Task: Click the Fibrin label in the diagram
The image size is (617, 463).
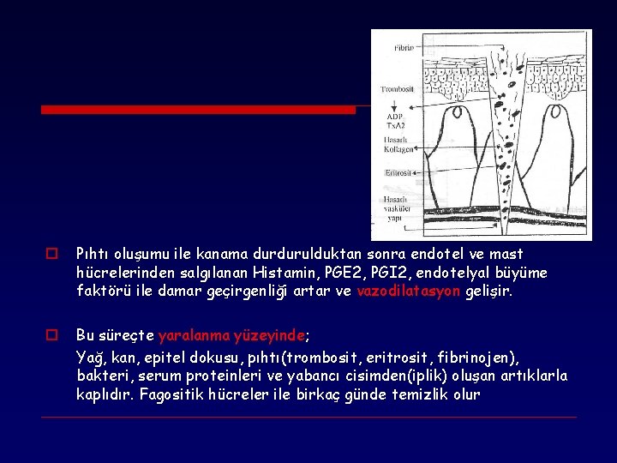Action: tap(403, 48)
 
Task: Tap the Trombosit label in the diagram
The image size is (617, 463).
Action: tap(397, 88)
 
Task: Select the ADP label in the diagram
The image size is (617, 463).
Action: tap(394, 116)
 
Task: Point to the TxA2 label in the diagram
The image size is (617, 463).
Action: tap(396, 125)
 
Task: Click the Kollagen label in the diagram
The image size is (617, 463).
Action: tap(398, 151)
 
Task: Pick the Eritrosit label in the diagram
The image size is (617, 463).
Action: tap(398, 172)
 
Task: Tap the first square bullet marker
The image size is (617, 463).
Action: tap(51, 255)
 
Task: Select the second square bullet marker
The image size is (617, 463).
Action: tap(51, 334)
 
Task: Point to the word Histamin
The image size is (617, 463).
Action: tap(282, 273)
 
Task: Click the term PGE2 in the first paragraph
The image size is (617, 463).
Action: tap(338, 273)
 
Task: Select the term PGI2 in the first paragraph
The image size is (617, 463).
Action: tap(386, 273)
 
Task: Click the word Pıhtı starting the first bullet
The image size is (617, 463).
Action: tap(93, 254)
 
